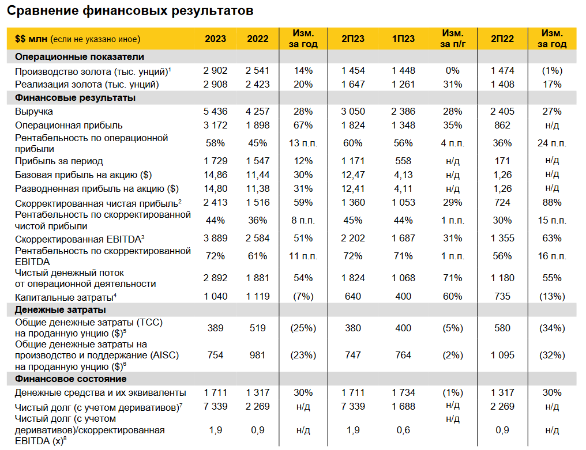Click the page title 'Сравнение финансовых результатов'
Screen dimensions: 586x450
tap(130, 11)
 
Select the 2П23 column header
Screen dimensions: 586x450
tap(353, 39)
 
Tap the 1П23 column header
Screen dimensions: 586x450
tap(403, 39)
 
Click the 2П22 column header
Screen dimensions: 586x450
tap(502, 39)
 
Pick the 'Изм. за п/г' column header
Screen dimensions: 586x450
tap(453, 39)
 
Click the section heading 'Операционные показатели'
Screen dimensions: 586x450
tap(79, 57)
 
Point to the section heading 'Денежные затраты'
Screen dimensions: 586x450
tap(60, 309)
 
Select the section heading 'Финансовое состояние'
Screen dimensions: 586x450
tap(70, 379)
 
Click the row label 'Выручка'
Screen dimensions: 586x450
tap(33, 111)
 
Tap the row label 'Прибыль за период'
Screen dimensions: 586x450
tap(59, 161)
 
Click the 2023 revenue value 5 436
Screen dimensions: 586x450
tap(215, 111)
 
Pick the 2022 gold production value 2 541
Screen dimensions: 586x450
tap(257, 70)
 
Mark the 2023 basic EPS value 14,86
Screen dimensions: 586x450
tap(215, 175)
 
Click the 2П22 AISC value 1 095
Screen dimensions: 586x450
tap(502, 355)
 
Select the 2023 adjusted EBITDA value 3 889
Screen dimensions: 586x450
tap(215, 239)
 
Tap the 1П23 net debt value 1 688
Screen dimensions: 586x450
tap(403, 406)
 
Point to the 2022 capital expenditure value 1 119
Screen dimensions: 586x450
tap(257, 297)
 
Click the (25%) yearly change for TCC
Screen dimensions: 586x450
tap(303, 328)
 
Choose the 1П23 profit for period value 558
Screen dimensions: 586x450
tap(403, 161)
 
